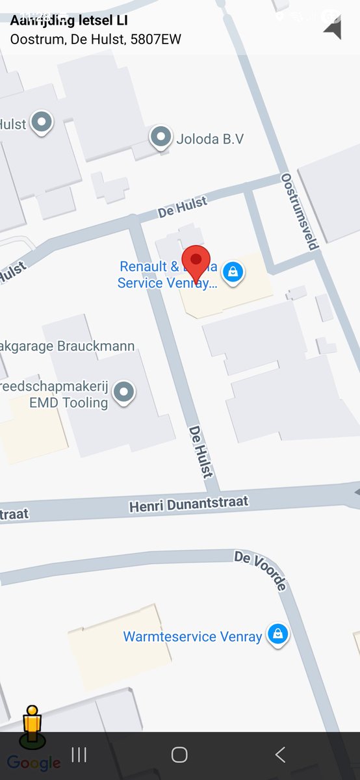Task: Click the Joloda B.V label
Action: coord(209,138)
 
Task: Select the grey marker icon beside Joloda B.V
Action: coord(161,137)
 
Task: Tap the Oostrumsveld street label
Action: coord(300,211)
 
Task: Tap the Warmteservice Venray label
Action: coord(193,636)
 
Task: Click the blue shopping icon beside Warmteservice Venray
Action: coord(278,634)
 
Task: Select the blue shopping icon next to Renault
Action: coord(232,272)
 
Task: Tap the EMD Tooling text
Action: coord(68,402)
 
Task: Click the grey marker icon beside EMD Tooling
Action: coord(123,392)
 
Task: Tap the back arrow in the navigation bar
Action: coord(280,755)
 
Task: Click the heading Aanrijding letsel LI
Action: coord(68,21)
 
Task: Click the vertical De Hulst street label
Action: coord(200,452)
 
